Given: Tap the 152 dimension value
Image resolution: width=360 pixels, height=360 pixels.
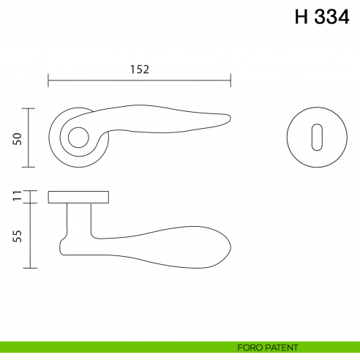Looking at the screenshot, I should [x=140, y=70].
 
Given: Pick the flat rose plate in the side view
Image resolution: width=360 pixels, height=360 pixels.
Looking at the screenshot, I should [x=78, y=197].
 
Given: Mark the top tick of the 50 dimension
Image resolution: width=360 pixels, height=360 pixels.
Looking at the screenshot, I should [x=30, y=108].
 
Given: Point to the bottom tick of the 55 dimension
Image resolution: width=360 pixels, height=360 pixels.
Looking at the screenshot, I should [x=30, y=269].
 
